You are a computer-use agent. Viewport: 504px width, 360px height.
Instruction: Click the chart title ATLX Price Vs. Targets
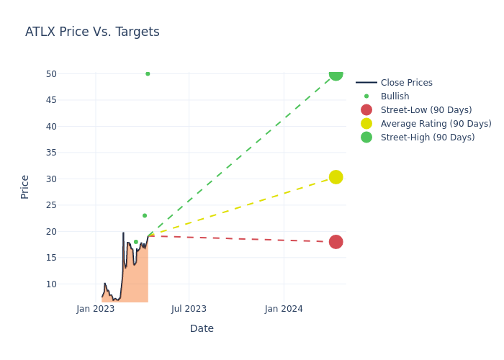click(92, 32)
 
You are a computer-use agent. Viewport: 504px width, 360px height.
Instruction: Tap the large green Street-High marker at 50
click(336, 73)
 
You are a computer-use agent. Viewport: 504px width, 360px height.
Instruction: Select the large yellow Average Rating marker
click(336, 177)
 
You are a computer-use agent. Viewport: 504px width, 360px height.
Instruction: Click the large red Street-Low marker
click(336, 242)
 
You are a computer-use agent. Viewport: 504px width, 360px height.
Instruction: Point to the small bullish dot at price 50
click(148, 73)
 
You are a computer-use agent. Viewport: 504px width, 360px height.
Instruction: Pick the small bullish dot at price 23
click(144, 215)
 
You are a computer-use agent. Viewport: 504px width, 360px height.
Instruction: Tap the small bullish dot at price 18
click(135, 242)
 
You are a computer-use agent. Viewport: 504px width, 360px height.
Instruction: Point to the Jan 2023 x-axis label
click(96, 309)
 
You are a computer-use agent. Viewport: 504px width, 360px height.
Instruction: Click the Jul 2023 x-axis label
click(189, 309)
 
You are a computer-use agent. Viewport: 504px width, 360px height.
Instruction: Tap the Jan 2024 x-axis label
click(284, 309)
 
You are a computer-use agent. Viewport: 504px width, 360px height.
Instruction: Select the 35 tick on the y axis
click(51, 153)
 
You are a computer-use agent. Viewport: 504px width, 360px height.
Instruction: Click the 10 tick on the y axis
click(51, 284)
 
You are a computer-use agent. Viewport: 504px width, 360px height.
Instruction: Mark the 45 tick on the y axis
click(51, 100)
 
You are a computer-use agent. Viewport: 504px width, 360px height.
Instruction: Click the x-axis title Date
click(202, 329)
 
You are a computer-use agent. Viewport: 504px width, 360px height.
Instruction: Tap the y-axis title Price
click(25, 186)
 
